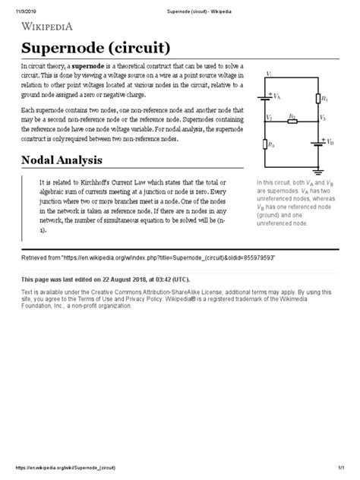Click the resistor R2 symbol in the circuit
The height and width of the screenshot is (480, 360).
pos(292,120)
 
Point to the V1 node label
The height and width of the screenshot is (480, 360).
pos(269,73)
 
